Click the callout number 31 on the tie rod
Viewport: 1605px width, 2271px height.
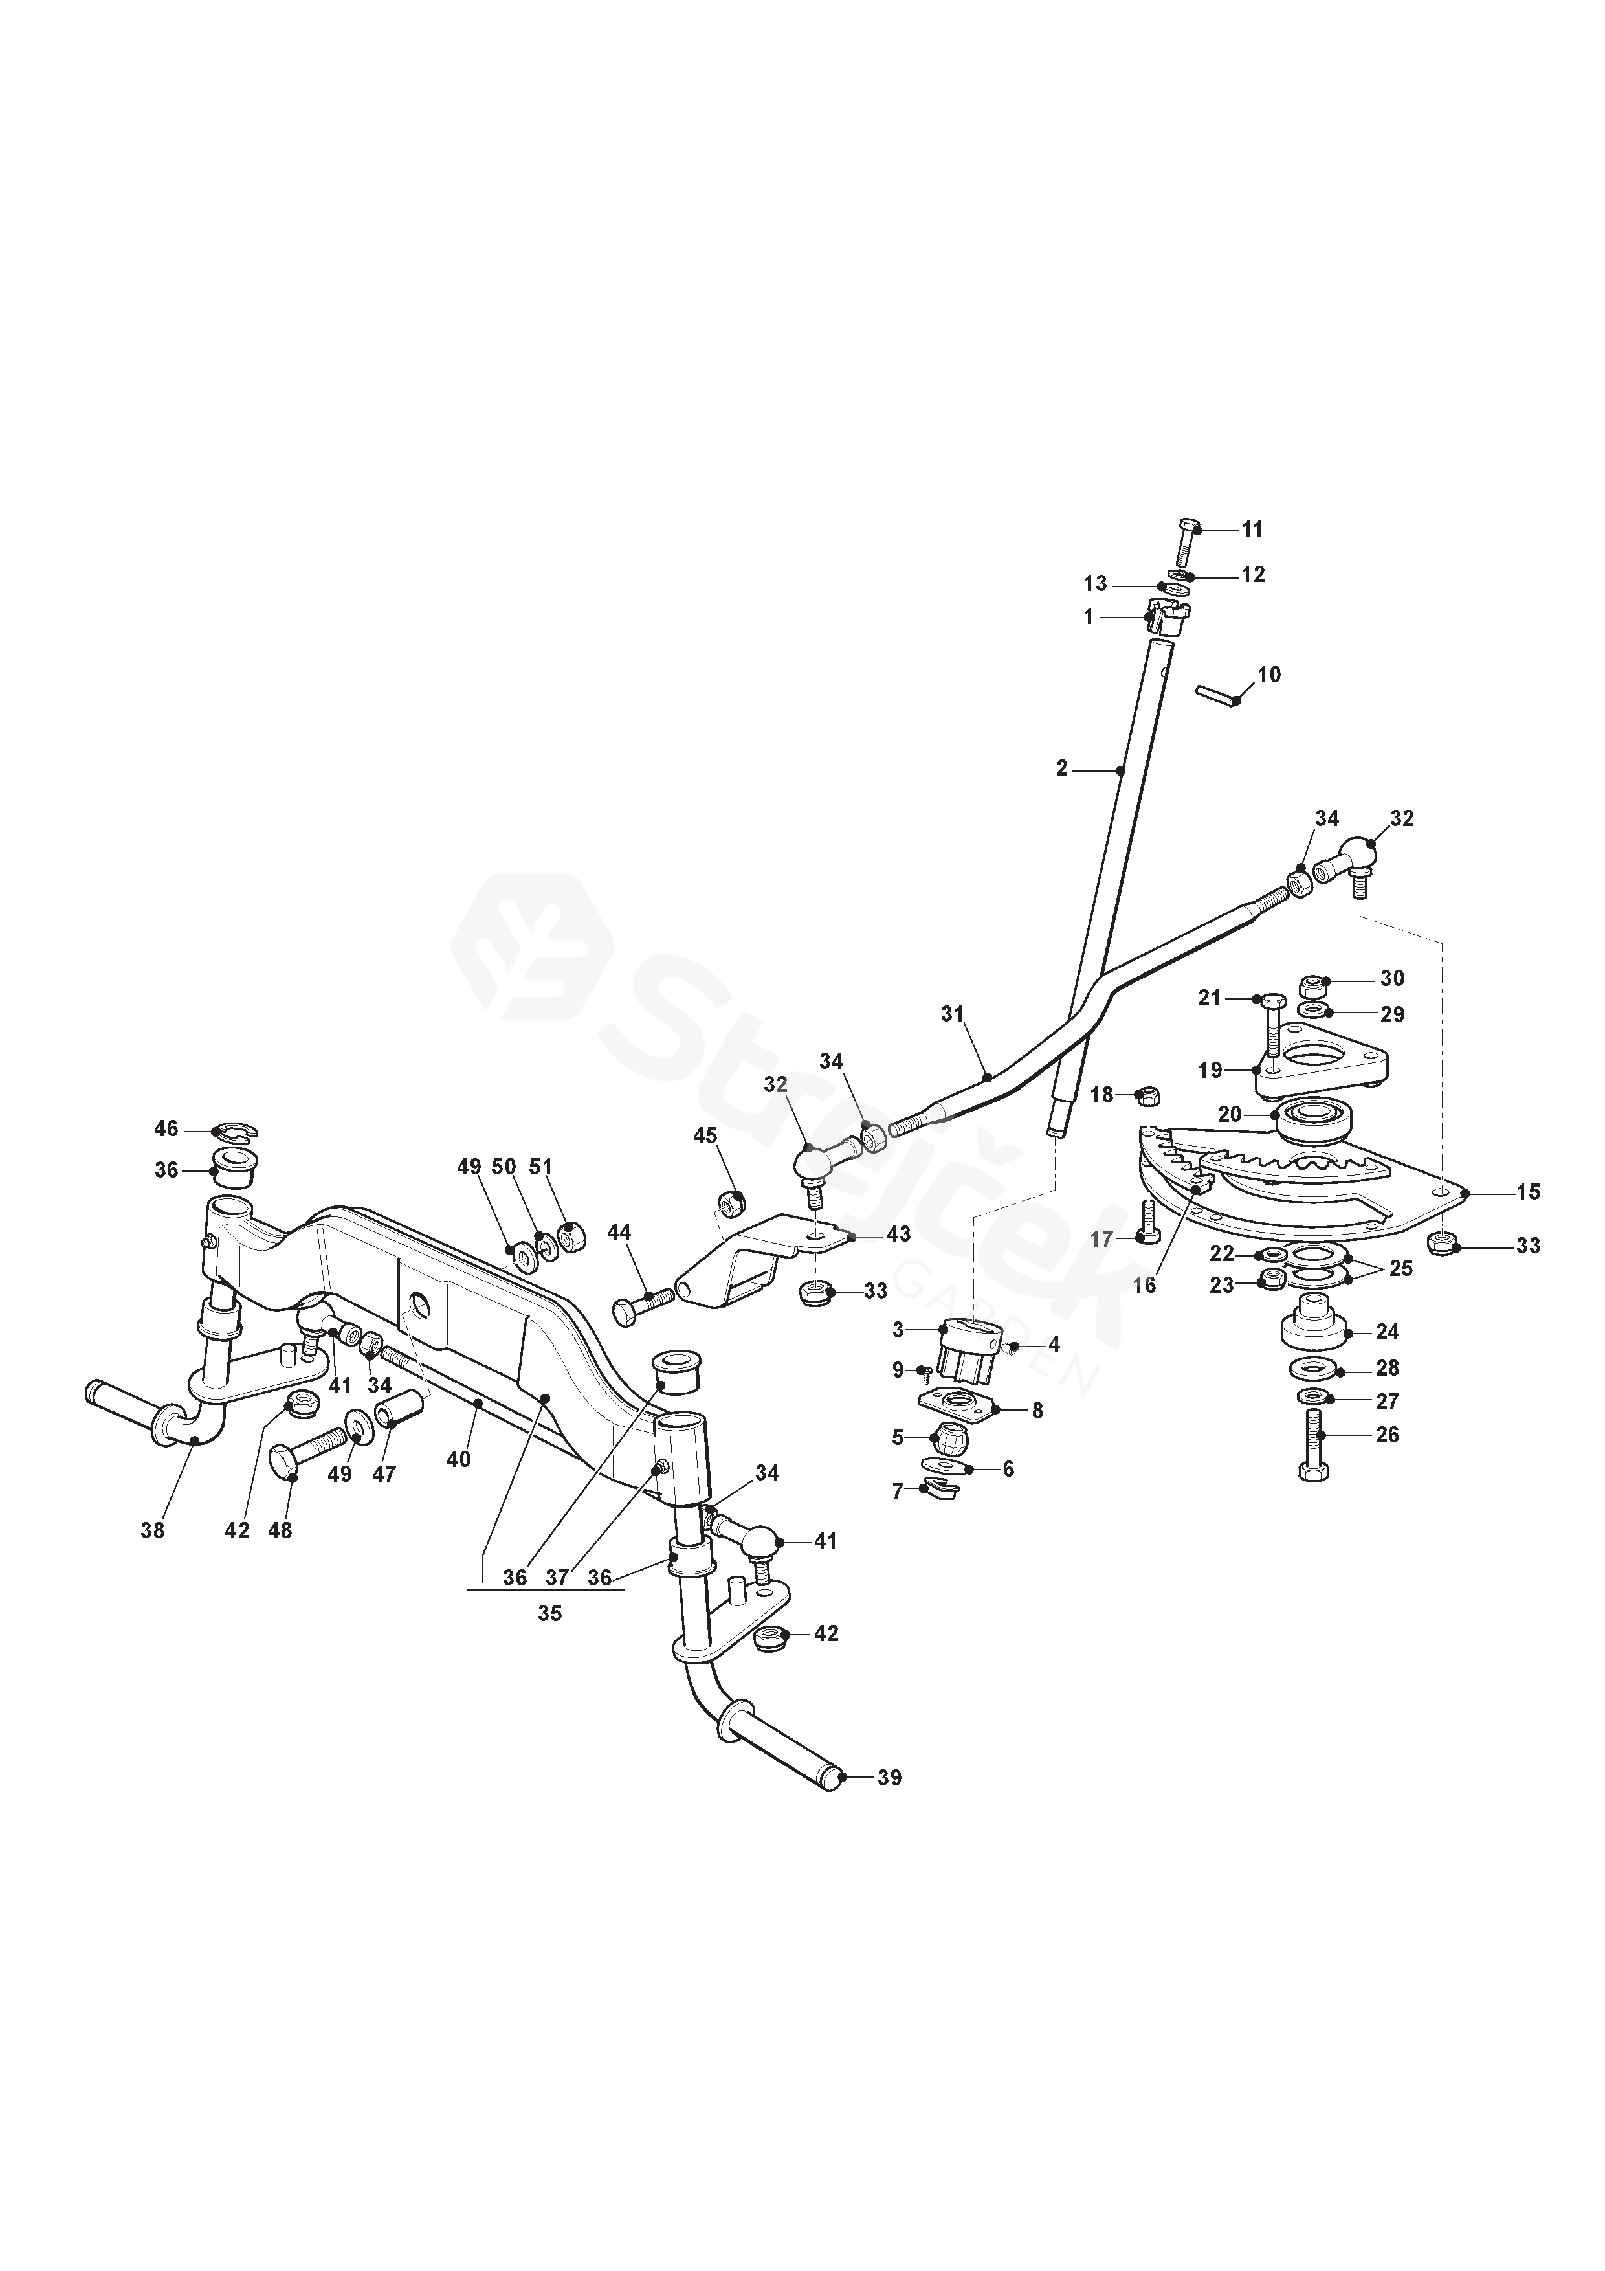(x=951, y=1014)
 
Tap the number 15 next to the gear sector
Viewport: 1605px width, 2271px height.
(x=1528, y=1192)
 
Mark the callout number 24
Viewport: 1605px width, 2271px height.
(x=1388, y=1332)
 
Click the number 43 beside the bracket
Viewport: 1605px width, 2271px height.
(x=898, y=1235)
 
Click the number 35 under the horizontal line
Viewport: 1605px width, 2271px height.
(x=550, y=1613)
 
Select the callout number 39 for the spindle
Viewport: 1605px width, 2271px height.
(x=889, y=1778)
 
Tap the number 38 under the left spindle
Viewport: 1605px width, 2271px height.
(x=152, y=1530)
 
